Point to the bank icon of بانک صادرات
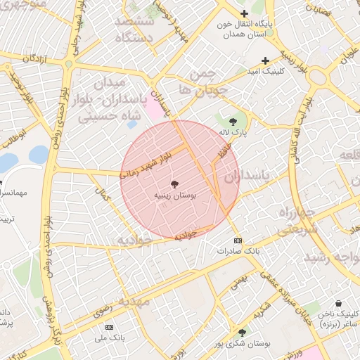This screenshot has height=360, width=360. tap(238, 240)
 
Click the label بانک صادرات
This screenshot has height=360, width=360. tap(238, 251)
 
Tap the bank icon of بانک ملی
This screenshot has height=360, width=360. tap(109, 327)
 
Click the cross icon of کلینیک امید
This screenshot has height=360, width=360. tap(265, 60)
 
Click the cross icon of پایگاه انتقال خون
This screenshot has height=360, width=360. tap(244, 13)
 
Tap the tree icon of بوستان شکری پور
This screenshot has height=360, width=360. tap(243, 332)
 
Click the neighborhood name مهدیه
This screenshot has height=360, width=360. tap(134, 302)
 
